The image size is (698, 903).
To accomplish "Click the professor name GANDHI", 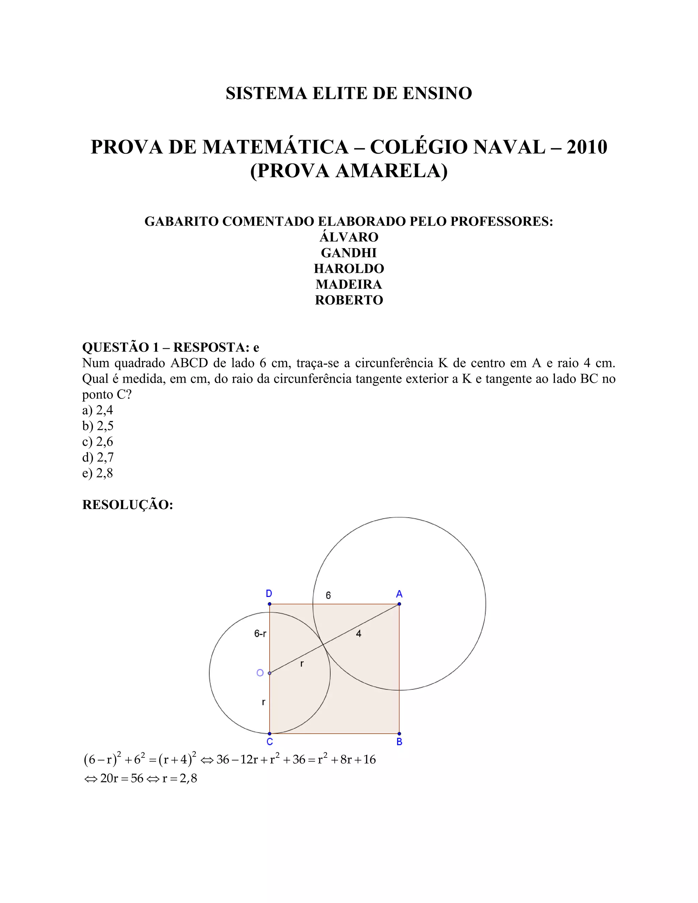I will click(349, 252).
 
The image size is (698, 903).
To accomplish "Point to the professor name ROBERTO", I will click(349, 300).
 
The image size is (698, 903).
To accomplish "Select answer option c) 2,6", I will click(97, 442).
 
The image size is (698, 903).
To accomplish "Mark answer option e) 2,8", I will click(97, 473).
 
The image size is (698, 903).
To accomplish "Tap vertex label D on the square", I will click(269, 594).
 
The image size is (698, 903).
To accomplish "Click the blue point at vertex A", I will click(399, 604).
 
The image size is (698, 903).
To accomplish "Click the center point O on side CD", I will click(270, 673).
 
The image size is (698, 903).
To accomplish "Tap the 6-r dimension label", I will click(260, 633).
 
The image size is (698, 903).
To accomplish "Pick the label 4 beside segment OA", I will click(359, 633).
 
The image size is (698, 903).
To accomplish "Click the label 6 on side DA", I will click(328, 595).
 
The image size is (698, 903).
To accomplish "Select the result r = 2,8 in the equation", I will click(180, 779).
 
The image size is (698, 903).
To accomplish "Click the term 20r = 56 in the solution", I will click(122, 779).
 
